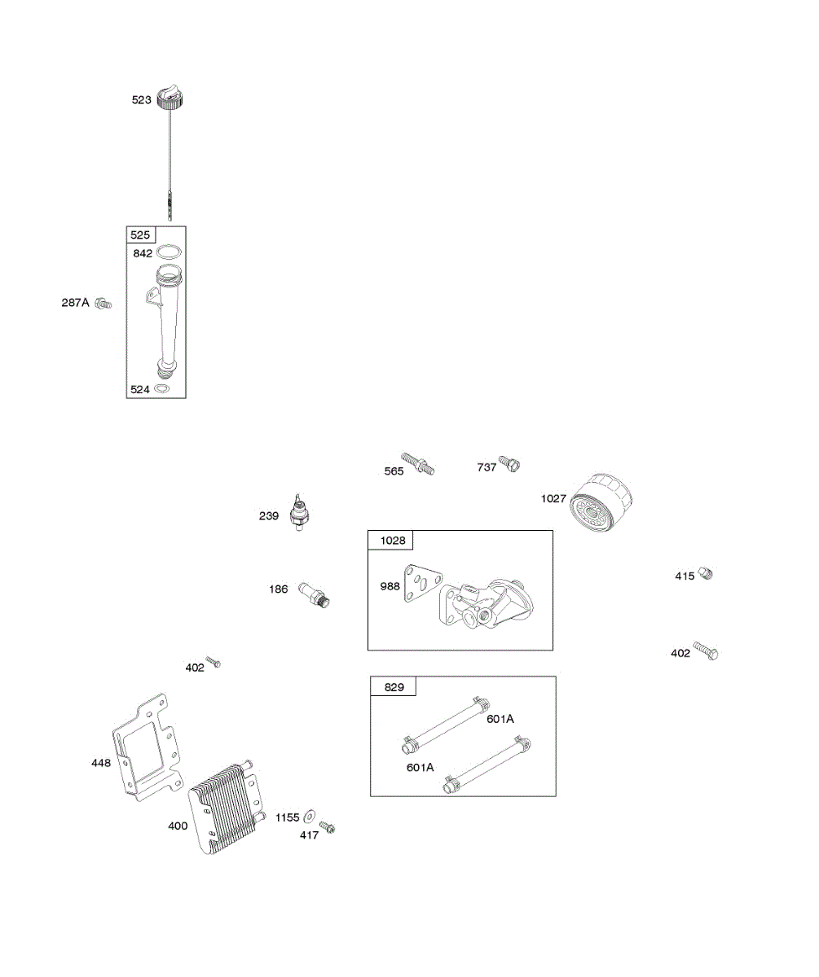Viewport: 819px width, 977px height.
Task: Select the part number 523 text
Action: coord(142,100)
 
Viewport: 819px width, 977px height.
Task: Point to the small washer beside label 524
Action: coord(162,389)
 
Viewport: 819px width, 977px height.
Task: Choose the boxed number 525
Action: coord(140,235)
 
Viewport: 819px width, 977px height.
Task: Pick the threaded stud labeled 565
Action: coord(417,466)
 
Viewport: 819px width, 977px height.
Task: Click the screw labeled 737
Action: coord(510,464)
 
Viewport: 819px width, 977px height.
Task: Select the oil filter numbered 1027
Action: coord(601,505)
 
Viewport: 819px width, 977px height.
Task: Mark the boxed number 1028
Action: coord(391,541)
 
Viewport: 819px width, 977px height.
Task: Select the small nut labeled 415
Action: coord(706,573)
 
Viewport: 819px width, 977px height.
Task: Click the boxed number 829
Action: coord(394,687)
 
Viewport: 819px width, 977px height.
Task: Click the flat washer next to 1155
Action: coord(310,817)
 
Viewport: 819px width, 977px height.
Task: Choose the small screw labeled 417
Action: coord(328,827)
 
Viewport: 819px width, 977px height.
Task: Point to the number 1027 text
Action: coord(553,498)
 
